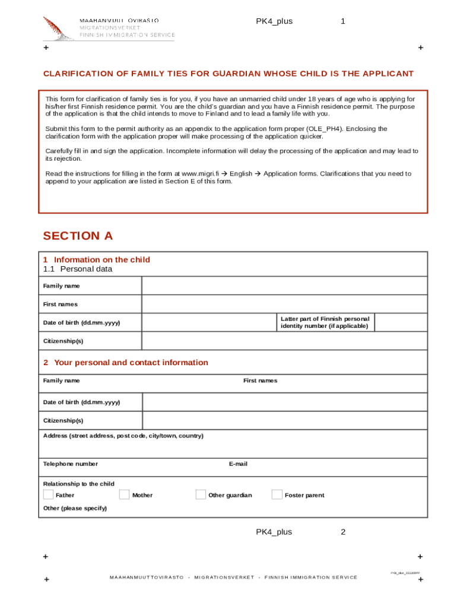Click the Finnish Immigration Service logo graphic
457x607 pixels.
[x=59, y=28]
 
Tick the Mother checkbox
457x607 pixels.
[x=124, y=495]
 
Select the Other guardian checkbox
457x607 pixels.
[x=201, y=495]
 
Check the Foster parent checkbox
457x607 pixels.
[x=277, y=495]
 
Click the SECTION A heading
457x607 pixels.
[x=78, y=236]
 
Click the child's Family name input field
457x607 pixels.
[x=284, y=286]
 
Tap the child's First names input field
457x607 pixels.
[x=284, y=304]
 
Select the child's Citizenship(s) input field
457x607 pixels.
[x=284, y=341]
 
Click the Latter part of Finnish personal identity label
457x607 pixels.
[x=325, y=322]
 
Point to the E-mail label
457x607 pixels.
[x=238, y=464]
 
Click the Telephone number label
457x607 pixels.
[x=71, y=464]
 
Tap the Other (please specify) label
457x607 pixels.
[x=75, y=509]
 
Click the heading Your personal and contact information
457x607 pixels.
[x=131, y=363]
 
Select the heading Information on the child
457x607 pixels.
[x=101, y=260]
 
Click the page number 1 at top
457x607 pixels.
[x=343, y=21]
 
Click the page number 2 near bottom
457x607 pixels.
[x=343, y=532]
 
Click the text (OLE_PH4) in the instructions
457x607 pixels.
[x=325, y=129]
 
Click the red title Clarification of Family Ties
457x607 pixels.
[x=228, y=74]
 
